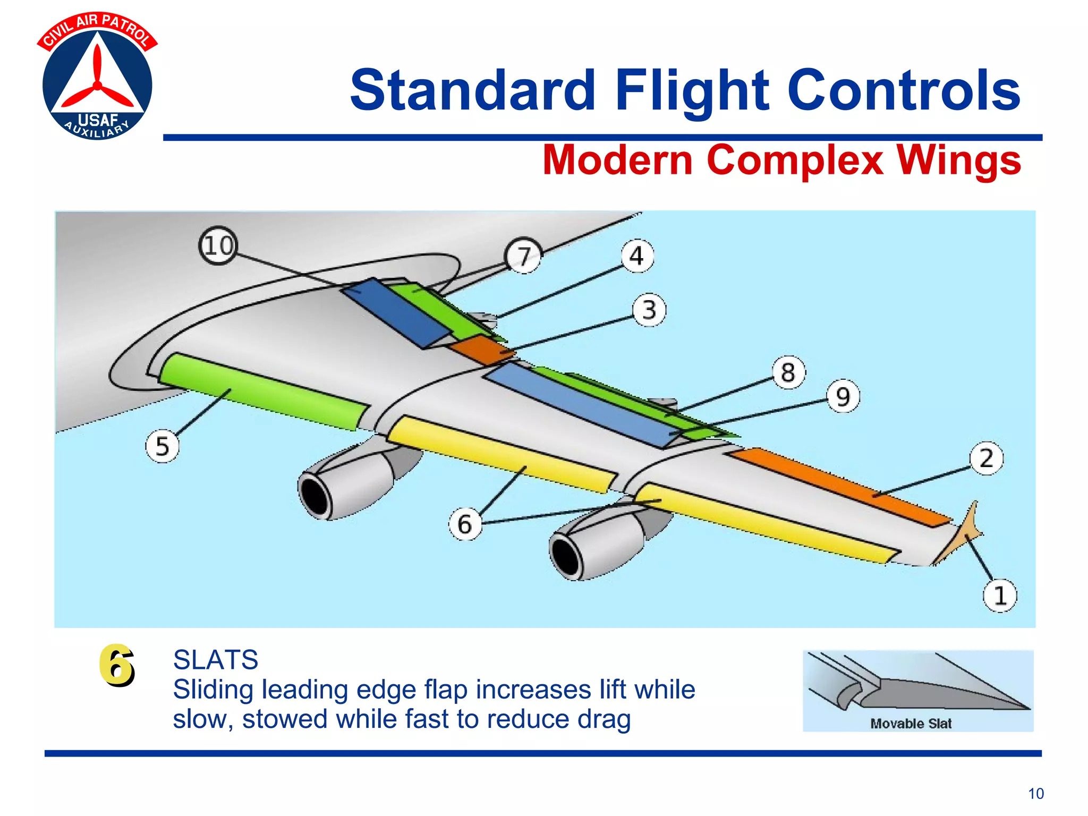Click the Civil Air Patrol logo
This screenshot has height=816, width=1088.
click(x=97, y=76)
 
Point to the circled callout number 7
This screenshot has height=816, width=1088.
click(x=524, y=256)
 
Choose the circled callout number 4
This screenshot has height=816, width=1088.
click(x=637, y=256)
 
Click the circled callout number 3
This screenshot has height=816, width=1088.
click(x=649, y=310)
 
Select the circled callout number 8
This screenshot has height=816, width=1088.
click(x=788, y=372)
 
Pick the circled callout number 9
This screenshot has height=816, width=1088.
click(x=843, y=396)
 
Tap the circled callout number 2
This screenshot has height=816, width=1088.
click(x=986, y=458)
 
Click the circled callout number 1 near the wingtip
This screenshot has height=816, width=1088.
click(x=999, y=596)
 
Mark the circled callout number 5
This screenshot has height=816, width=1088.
click(x=162, y=446)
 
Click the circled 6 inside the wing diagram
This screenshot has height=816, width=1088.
click(x=465, y=524)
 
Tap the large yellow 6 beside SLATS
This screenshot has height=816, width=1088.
click(x=116, y=665)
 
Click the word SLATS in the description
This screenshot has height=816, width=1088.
click(x=216, y=660)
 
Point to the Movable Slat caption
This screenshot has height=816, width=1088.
click(x=911, y=724)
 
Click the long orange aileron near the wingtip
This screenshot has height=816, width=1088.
click(x=839, y=486)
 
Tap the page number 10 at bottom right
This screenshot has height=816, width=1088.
click(x=1035, y=794)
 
